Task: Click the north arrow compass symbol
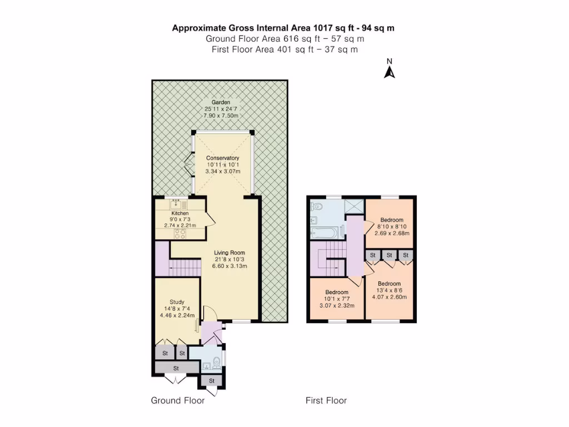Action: pos(390,71)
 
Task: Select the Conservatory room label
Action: pos(222,158)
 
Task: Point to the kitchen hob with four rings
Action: pos(180,234)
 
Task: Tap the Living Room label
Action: pos(229,252)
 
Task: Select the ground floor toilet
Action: pos(216,363)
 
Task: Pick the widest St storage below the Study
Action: pos(176,368)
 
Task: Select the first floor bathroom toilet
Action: pos(315,207)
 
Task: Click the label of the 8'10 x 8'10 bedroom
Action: pos(392,220)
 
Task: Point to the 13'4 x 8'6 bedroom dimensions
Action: pos(390,297)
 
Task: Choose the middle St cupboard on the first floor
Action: pos(390,255)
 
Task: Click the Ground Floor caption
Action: pos(178,400)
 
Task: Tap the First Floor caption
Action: pos(326,400)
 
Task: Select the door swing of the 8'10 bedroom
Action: pos(368,227)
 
